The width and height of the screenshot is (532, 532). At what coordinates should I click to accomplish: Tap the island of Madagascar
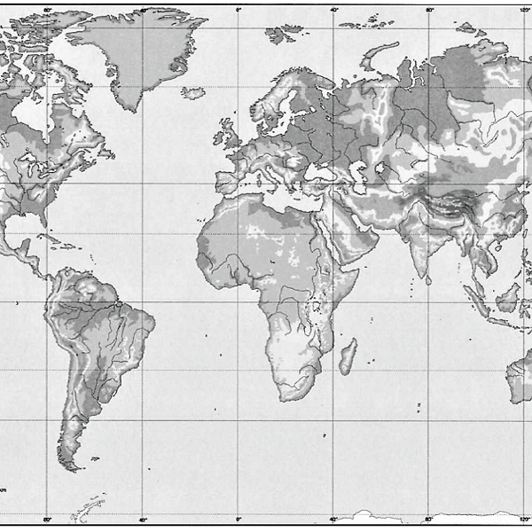click(348, 356)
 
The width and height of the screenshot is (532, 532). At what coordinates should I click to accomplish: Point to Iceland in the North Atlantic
click(193, 92)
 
